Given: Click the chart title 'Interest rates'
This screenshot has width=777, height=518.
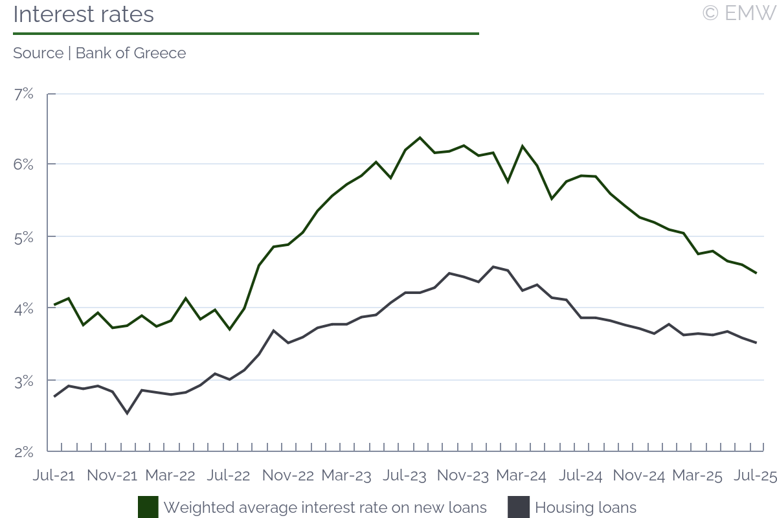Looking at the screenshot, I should (84, 14).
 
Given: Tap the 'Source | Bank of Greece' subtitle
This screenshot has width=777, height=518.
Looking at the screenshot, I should (99, 53).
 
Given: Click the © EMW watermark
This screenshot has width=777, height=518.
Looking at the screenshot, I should (739, 13).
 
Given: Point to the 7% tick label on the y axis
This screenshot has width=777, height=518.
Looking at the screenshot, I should (23, 94).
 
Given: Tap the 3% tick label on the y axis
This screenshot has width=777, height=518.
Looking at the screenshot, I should (23, 381).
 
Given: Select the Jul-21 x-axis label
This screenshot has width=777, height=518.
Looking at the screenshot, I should (54, 475).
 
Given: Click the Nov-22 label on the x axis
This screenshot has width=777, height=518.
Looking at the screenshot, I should (288, 475).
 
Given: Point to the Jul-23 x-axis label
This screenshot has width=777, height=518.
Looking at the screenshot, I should (405, 475).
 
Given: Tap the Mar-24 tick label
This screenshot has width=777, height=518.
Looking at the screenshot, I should (521, 475).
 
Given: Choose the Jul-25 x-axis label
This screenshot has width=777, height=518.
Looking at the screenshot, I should (755, 475).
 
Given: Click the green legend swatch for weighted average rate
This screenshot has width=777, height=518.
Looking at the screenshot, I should (148, 507).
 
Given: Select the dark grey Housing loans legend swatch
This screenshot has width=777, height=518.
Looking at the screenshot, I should (519, 507).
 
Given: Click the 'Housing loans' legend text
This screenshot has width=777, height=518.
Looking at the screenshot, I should (586, 508).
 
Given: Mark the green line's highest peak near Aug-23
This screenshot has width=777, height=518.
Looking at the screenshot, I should (420, 137).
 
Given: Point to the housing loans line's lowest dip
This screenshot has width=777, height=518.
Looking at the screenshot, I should (127, 413).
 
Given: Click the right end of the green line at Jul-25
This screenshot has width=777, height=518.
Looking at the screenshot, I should (756, 273).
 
